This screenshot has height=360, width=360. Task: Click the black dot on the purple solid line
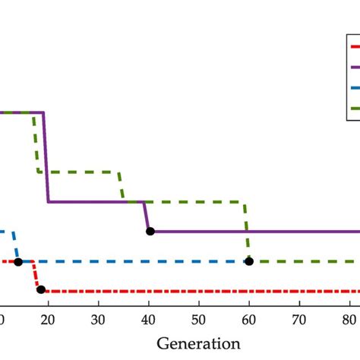click(150, 231)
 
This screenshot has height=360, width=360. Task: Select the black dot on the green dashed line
click(249, 261)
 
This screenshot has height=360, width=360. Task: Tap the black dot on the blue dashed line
click(18, 261)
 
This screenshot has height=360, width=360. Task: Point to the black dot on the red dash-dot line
click(41, 289)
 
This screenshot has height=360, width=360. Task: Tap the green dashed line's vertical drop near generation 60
click(246, 232)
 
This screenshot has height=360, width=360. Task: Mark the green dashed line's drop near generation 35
click(122, 186)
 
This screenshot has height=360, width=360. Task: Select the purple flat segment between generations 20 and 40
click(95, 201)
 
